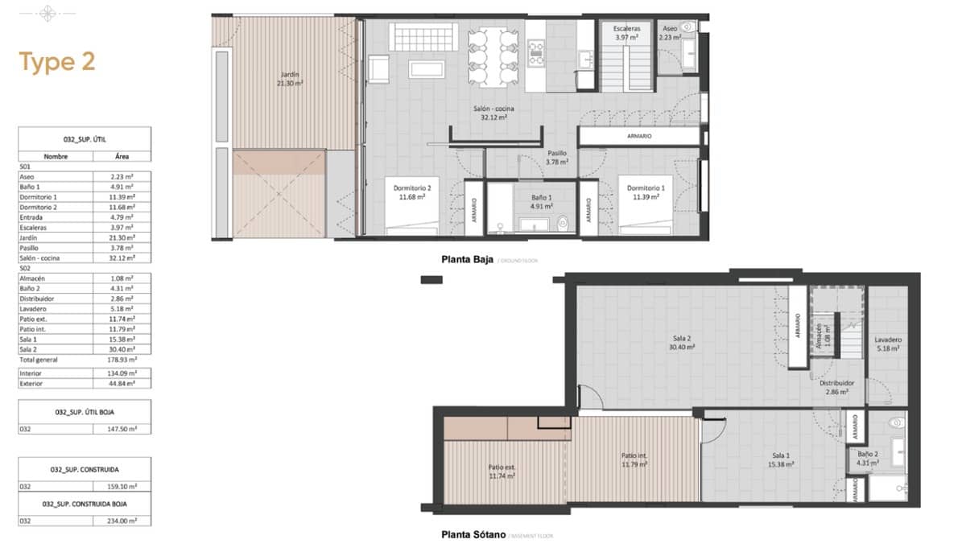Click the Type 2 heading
click(57, 62)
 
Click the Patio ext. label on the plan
click(502, 471)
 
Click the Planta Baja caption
click(467, 259)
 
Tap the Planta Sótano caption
click(473, 534)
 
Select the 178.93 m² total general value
click(122, 360)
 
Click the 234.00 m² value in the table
click(122, 521)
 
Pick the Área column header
click(122, 157)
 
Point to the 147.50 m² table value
click(122, 429)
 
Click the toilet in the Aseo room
click(686, 28)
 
